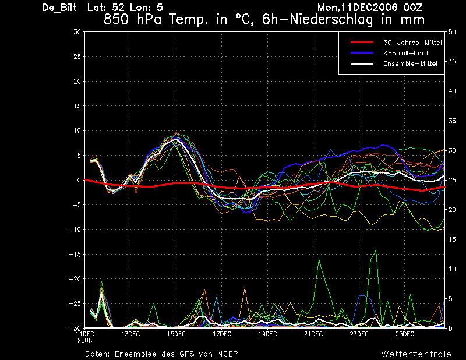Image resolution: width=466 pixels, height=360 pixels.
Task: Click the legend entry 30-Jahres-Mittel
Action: (412, 43)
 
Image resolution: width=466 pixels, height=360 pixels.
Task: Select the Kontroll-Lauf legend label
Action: (405, 53)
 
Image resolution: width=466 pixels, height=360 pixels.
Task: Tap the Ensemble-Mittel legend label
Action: (410, 63)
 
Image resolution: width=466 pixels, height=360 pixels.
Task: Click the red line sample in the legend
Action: (362, 42)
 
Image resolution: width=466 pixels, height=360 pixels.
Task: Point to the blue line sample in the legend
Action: (362, 53)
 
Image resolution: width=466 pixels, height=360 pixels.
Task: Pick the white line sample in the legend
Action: (362, 63)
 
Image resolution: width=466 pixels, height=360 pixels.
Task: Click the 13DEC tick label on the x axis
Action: (130, 334)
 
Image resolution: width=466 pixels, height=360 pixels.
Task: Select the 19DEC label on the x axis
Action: (267, 334)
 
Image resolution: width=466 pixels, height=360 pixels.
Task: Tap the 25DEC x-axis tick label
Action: (405, 334)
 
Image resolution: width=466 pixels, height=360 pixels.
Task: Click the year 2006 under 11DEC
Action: (84, 341)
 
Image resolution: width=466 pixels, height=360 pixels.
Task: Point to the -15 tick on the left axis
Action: (75, 254)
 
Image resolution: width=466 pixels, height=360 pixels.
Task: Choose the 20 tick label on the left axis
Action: (77, 81)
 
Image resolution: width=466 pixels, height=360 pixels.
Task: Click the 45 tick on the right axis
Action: (452, 62)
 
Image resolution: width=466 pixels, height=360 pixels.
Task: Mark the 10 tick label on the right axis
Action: (452, 269)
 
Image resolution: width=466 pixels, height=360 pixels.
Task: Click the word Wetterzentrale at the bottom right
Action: (416, 354)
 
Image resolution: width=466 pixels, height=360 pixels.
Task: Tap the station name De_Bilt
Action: (59, 8)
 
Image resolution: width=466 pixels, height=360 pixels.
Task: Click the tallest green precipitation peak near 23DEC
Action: (376, 250)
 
